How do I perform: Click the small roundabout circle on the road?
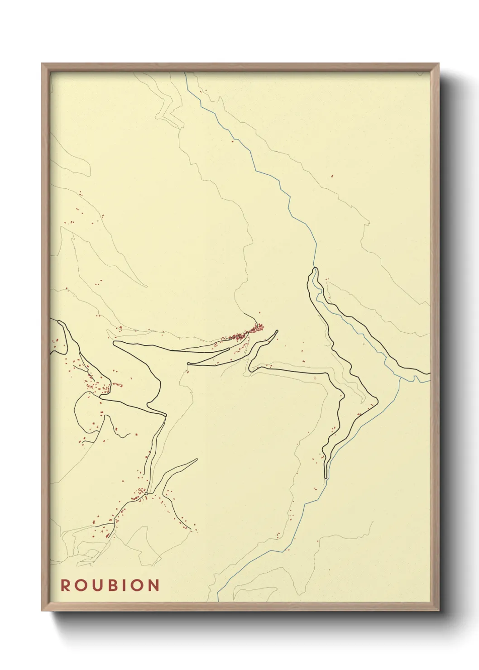coord(146,493)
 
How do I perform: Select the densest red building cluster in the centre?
coord(247,333)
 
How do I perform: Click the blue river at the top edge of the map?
coord(185,73)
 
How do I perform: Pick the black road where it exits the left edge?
coord(51,320)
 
